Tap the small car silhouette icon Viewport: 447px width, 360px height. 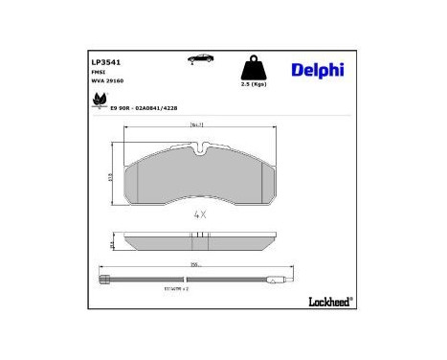coord(201,59)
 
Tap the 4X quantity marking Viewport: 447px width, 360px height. coord(200,215)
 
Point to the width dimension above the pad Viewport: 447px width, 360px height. coord(200,124)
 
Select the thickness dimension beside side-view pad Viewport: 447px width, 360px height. coord(113,245)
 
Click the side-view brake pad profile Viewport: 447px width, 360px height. coord(200,241)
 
